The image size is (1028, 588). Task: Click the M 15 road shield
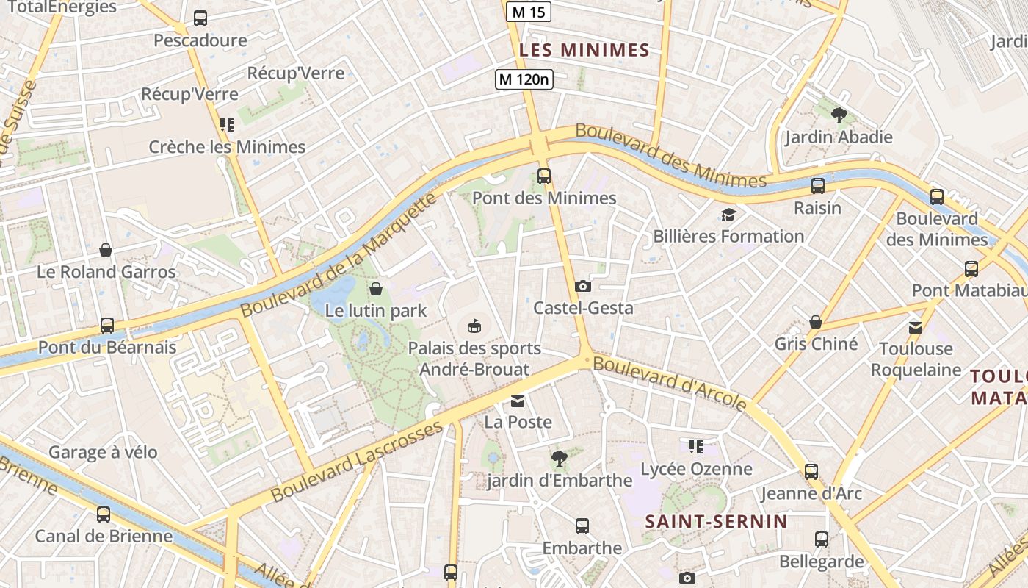529,12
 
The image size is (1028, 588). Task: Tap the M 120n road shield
524,79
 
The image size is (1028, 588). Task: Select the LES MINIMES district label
584,50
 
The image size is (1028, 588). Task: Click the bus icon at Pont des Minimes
544,176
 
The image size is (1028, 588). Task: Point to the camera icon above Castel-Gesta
583,287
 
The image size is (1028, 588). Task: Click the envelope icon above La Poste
518,401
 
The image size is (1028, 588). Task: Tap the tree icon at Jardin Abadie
839,115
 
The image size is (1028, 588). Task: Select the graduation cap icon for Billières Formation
728,215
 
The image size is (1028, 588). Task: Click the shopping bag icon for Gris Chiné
815,323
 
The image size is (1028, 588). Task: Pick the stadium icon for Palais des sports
474,326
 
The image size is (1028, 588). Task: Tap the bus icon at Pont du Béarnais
107,326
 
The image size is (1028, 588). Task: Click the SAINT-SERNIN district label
716,522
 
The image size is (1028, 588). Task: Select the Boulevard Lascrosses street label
357,462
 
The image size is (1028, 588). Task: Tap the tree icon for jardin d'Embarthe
559,459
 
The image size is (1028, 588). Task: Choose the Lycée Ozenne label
696,469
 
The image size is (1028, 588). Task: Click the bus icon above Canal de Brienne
104,514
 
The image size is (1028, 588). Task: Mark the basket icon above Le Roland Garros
106,251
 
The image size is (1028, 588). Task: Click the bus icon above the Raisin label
818,186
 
